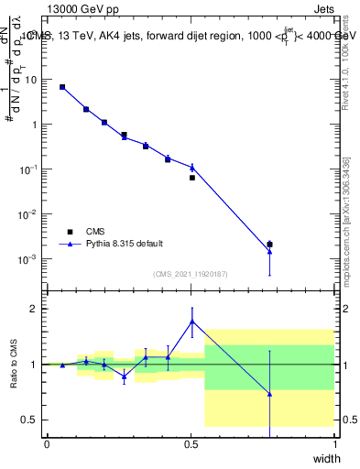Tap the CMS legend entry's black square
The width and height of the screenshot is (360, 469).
point(70,232)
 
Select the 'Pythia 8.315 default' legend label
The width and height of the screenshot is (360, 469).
point(125,244)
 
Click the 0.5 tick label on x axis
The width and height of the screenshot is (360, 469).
point(191,443)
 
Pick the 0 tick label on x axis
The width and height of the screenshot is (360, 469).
point(47,443)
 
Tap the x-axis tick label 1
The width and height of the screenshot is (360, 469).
point(334,443)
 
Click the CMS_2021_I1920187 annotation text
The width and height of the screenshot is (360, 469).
point(190,274)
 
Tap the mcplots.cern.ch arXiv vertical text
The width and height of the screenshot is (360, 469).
point(346,220)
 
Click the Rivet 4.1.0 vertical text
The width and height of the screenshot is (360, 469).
point(346,55)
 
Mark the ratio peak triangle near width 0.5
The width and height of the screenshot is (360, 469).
point(191,321)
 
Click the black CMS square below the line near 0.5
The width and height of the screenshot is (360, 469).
point(192,178)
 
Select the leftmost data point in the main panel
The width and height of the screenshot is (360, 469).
point(62,87)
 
